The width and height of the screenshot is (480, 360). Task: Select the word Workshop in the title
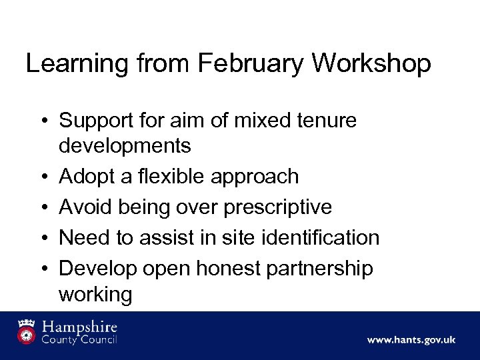click(371, 64)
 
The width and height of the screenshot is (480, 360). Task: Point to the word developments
click(125, 145)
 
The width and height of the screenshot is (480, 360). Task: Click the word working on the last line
click(95, 293)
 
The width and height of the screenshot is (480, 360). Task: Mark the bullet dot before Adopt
click(42, 177)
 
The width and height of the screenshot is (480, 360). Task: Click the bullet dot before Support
click(42, 121)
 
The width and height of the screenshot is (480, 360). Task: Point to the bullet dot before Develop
click(42, 269)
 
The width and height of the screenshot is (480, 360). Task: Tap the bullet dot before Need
click(42, 238)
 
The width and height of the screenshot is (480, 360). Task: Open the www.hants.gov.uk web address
click(411, 339)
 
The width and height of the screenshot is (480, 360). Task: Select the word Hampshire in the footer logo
click(80, 327)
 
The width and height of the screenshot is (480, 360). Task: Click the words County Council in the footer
click(80, 340)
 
